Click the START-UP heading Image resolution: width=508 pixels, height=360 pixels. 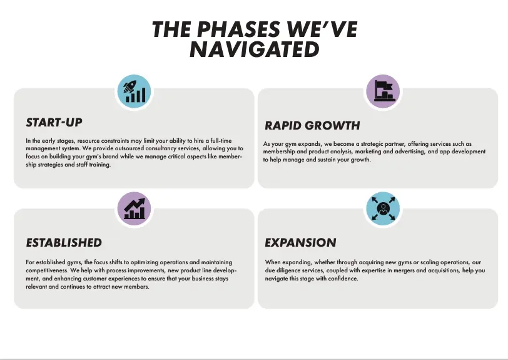click(54, 123)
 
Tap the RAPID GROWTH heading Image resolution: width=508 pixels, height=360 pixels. click(312, 125)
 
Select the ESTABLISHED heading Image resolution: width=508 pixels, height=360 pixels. click(64, 242)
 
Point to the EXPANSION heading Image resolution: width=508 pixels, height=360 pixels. click(300, 242)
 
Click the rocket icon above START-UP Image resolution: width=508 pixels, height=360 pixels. click(134, 91)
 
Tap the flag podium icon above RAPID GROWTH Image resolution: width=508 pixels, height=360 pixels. click(383, 91)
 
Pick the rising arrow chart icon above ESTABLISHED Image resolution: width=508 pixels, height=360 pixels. click(134, 208)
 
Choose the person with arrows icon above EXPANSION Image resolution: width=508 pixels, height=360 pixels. click(383, 208)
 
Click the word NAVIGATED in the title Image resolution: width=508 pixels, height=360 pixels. click(255, 49)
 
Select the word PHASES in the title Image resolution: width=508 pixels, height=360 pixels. click(238, 29)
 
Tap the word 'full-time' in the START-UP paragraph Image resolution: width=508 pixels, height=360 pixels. click(221, 141)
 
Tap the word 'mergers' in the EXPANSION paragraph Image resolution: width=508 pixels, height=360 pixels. click(402, 270)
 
